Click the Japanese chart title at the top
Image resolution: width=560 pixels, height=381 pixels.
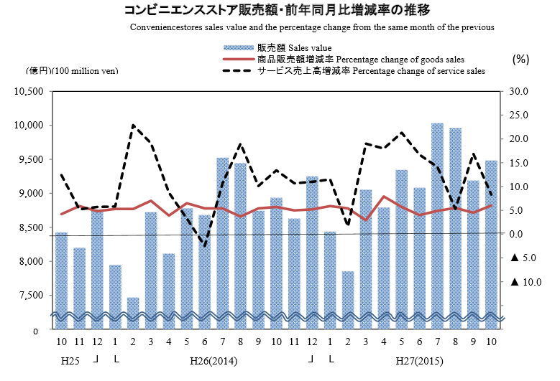click(x=277, y=10)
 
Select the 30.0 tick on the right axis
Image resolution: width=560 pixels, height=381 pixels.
click(x=518, y=91)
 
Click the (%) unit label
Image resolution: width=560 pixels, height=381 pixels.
click(x=520, y=60)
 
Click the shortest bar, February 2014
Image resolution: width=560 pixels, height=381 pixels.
click(x=133, y=313)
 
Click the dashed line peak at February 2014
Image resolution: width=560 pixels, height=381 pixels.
click(x=133, y=126)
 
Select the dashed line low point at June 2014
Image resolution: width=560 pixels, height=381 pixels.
click(x=205, y=246)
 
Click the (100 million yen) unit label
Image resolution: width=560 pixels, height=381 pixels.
click(x=85, y=70)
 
